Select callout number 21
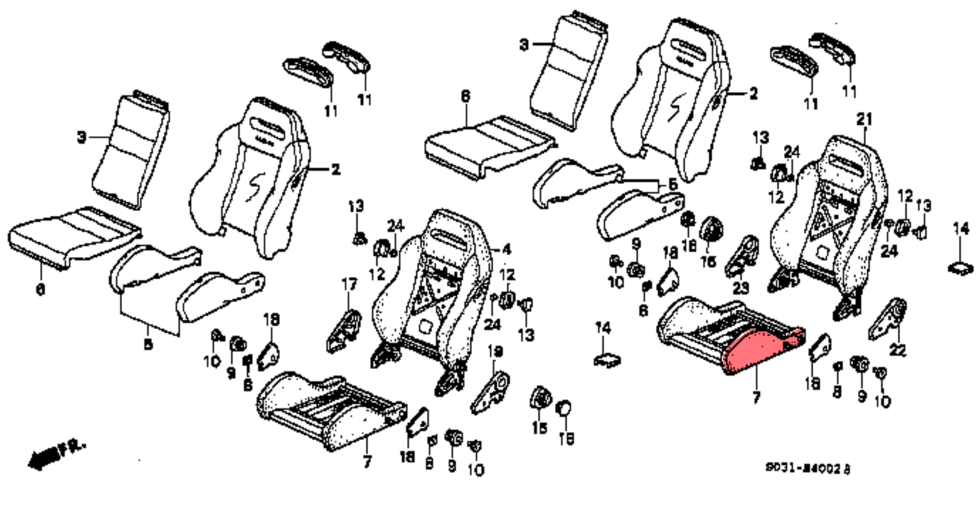tap(863, 118)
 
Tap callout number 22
tap(898, 350)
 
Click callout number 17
tap(348, 285)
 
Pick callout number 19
tap(495, 351)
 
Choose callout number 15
tap(539, 428)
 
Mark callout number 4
tap(506, 250)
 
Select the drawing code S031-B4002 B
tap(807, 468)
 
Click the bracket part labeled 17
tap(344, 328)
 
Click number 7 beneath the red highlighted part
tap(755, 398)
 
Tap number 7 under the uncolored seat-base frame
tap(367, 462)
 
